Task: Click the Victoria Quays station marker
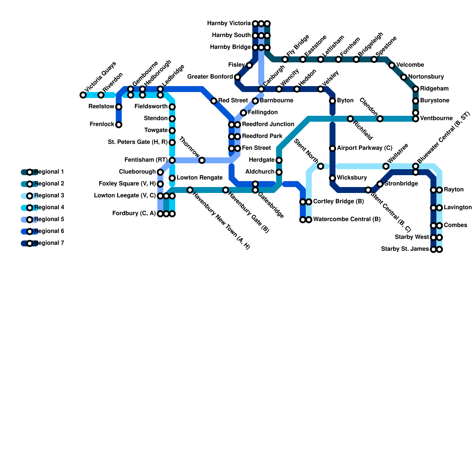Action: pos(83,95)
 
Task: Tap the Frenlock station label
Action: pos(102,124)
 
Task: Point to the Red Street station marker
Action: pos(214,101)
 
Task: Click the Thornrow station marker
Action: pos(202,160)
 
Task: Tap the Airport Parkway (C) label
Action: pos(365,148)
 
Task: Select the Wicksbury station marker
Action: pos(332,178)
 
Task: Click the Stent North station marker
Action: pos(321,166)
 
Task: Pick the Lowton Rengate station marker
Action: pos(172,178)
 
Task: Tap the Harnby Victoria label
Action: pos(229,23)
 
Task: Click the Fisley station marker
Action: pos(249,65)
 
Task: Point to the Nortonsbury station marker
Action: pos(404,77)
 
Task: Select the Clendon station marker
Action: pos(380,119)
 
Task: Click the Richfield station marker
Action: pos(350,119)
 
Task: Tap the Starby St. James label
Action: pos(405,249)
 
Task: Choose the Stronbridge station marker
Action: pos(380,184)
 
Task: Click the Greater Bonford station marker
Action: pos(237,77)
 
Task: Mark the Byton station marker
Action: pos(332,101)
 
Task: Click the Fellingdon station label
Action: pos(262,113)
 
